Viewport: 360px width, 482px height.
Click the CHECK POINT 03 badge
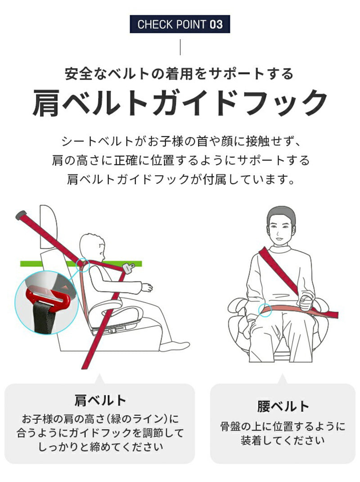click(x=180, y=24)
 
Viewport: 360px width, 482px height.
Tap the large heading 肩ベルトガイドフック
click(x=180, y=103)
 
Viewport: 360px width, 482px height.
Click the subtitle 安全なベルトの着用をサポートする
click(x=180, y=73)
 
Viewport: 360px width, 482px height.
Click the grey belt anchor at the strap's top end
click(x=21, y=215)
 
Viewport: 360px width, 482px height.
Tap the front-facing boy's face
click(x=280, y=231)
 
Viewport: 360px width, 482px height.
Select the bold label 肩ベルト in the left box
click(x=100, y=400)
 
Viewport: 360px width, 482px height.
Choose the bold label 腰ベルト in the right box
click(x=283, y=406)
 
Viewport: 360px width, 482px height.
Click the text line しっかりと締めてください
click(x=100, y=447)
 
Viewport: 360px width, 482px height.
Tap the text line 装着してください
click(x=283, y=441)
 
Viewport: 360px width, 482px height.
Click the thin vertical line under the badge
click(x=180, y=47)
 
